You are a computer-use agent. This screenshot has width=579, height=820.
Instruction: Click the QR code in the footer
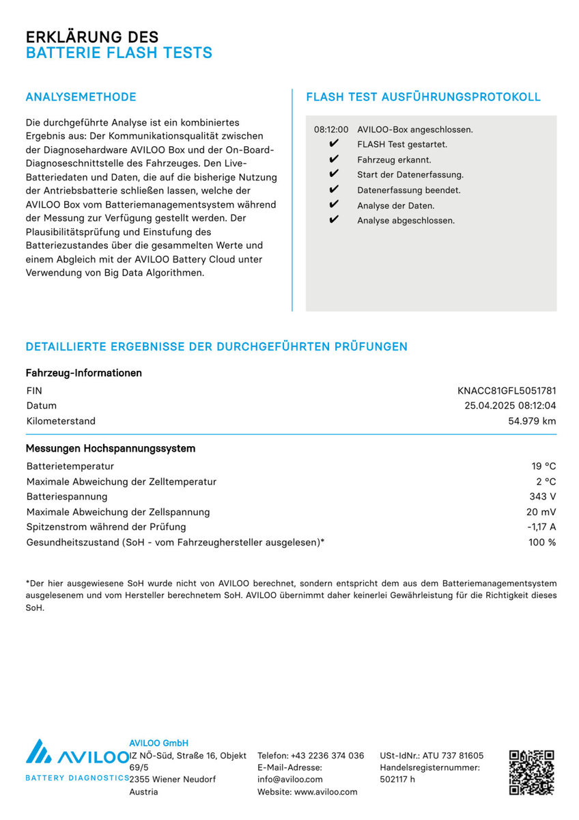(x=531, y=772)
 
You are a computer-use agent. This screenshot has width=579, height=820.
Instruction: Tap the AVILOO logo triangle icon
(x=38, y=752)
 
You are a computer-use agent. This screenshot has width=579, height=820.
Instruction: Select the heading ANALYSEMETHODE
(x=81, y=97)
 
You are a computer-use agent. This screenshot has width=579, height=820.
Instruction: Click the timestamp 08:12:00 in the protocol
(x=331, y=129)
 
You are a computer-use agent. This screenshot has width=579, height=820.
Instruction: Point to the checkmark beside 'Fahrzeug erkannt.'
(x=334, y=159)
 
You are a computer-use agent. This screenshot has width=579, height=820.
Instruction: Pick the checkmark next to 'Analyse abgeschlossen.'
(x=334, y=220)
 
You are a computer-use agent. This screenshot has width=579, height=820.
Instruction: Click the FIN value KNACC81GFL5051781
(x=507, y=391)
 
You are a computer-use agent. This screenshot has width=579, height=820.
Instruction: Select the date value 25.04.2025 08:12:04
(x=510, y=406)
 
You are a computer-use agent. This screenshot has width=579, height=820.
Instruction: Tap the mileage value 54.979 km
(x=532, y=421)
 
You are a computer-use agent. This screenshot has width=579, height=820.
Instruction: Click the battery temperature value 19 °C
(x=543, y=467)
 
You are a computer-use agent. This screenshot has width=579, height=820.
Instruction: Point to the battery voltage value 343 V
(x=543, y=497)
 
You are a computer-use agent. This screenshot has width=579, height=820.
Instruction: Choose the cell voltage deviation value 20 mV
(x=541, y=512)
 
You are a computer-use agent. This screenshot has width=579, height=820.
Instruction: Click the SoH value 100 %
(x=542, y=543)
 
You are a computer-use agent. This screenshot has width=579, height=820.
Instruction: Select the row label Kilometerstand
(x=61, y=421)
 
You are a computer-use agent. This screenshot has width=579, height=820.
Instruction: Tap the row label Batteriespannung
(x=67, y=497)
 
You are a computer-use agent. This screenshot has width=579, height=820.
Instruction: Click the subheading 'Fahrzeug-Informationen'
(x=83, y=373)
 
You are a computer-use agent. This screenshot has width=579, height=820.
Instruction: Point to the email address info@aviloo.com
(x=290, y=779)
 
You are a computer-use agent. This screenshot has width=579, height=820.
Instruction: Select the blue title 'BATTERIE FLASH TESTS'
(x=119, y=53)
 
